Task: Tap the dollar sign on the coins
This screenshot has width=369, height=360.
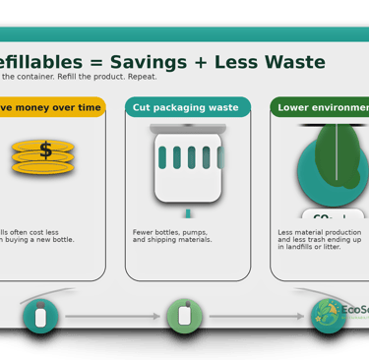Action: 45,150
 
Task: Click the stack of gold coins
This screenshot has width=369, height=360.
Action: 43,157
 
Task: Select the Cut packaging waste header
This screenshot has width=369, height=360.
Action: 188,107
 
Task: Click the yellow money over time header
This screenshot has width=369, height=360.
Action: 50,107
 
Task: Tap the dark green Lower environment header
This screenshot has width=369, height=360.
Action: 321,107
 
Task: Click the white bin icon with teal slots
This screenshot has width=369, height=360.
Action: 188,163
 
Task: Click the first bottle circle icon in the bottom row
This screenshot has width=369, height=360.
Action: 40,316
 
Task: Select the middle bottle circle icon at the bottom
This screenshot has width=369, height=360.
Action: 184,316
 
